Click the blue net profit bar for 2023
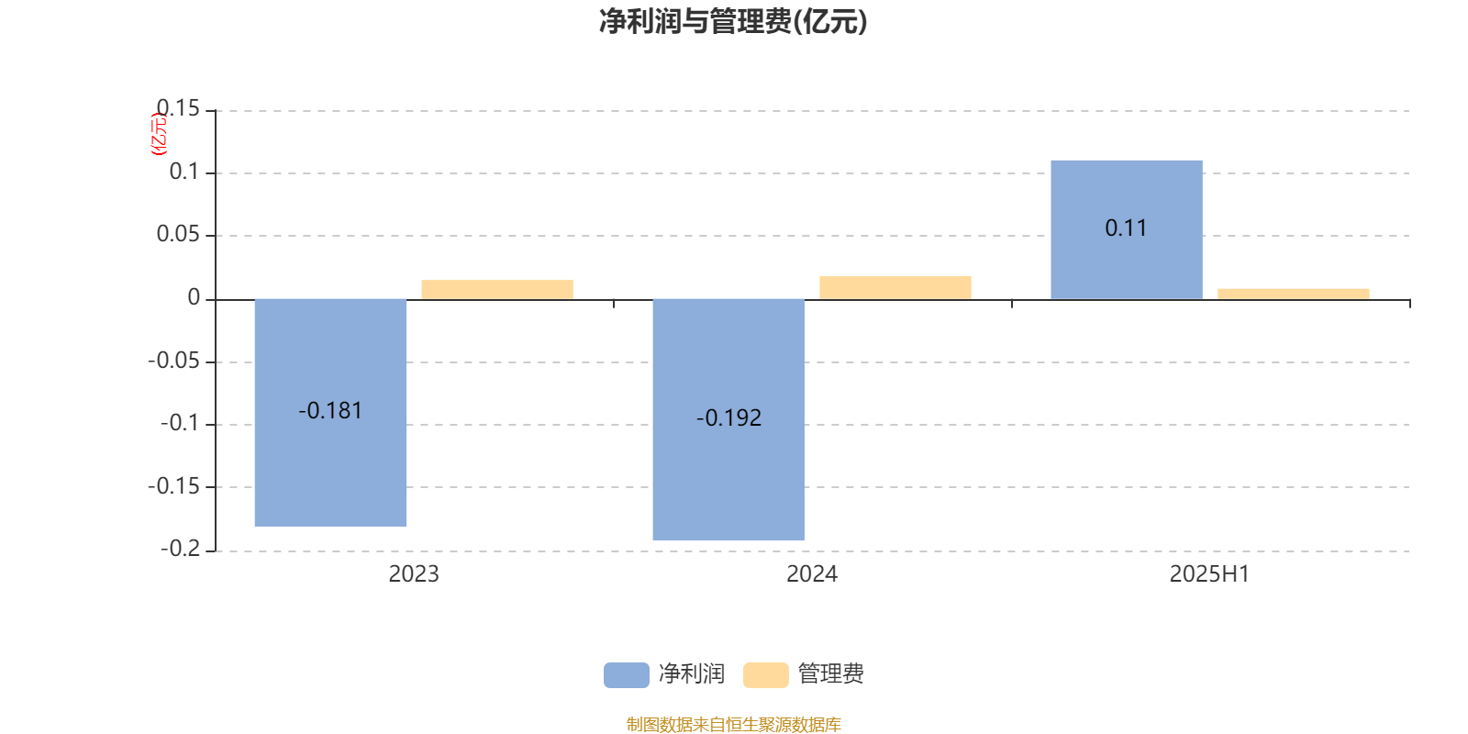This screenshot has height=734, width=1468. pos(330,413)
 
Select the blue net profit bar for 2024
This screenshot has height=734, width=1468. pos(728,419)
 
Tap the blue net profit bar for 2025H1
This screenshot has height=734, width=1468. pos(1127,230)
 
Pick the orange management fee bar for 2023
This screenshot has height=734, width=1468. pos(497,290)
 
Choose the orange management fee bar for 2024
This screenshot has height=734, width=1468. pos(895,288)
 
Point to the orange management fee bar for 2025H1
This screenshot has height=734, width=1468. pos(1294,295)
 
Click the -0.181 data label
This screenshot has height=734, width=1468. pos(330,411)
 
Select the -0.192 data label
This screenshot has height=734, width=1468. pos(728,418)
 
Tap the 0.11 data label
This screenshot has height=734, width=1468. pos(1126,228)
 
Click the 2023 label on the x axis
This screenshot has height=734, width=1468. pos(414,574)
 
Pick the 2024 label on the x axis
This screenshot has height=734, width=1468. pos(812,574)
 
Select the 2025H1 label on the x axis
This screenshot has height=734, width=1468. pos(1210,574)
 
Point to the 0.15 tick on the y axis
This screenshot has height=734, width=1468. pos(178,108)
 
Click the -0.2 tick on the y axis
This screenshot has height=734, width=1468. pos(180,549)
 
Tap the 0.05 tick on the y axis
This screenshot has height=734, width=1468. pos(178,234)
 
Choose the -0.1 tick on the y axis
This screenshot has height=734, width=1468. pos(180,423)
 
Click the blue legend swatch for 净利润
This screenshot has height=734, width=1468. pos(627,675)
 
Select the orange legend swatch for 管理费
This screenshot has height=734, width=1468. pos(765,675)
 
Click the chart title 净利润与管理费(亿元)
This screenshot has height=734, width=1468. pos(733,21)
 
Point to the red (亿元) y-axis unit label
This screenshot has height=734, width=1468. pos(159,134)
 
